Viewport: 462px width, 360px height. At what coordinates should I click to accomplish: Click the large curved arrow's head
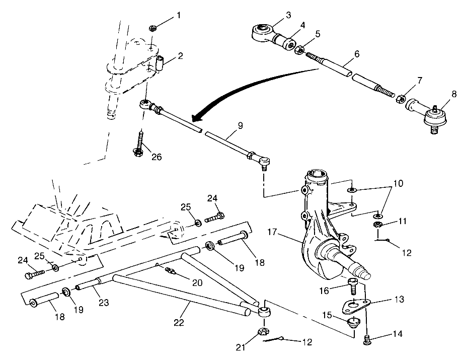click(196, 116)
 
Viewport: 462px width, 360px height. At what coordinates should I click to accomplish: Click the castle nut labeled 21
click(262, 332)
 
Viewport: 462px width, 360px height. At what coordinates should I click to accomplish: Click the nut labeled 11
click(377, 222)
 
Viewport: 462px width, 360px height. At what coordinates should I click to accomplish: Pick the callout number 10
click(398, 185)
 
